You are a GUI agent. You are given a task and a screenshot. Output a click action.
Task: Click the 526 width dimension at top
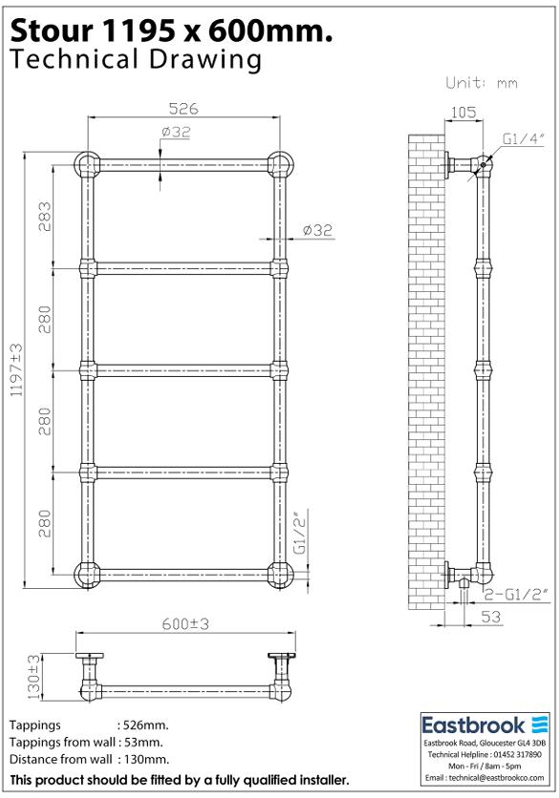184,108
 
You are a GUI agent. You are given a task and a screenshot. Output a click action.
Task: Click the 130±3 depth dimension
35,674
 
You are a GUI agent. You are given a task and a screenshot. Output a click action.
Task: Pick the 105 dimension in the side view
462,113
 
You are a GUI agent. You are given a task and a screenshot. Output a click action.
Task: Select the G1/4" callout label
524,139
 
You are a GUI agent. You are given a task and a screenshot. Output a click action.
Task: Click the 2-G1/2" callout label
514,595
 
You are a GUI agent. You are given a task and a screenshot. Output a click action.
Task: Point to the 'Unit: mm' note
482,83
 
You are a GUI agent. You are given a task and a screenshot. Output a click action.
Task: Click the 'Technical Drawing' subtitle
134,59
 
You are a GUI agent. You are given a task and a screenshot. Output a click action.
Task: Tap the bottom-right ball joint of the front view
281,575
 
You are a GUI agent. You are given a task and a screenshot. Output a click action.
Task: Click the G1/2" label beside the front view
298,534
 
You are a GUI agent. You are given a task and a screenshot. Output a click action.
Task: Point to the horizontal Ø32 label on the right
317,230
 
